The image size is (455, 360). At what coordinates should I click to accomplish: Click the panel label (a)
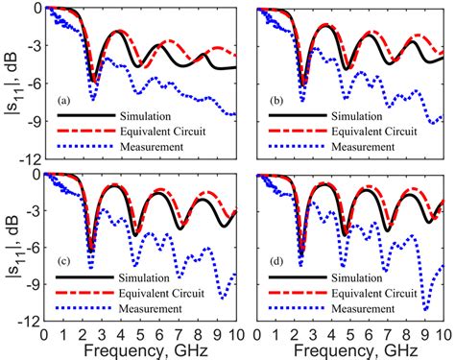(64, 101)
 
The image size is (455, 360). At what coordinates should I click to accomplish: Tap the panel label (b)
(272, 101)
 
